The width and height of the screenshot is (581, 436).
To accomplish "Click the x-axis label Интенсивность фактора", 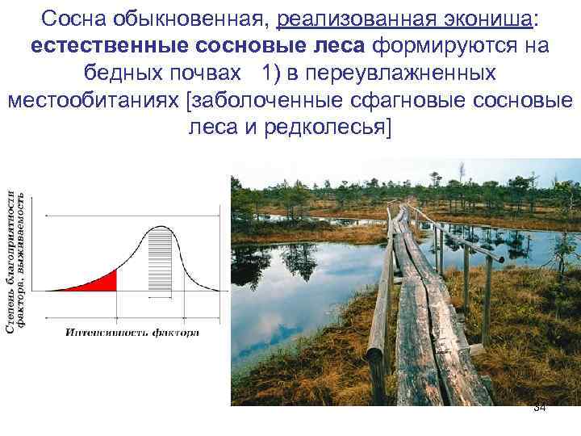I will point(132,332).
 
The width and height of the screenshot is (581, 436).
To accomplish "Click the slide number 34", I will point(540,409).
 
